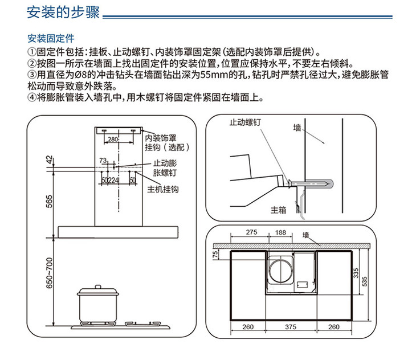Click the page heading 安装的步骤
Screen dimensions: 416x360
click(63, 13)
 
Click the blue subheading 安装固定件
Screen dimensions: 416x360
click(51, 38)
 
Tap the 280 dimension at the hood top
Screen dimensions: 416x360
click(113, 139)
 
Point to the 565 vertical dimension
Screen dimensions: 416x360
click(50, 202)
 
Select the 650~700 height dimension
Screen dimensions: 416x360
click(50, 273)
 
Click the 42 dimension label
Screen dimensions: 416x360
click(50, 159)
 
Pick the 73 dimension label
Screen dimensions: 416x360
click(103, 161)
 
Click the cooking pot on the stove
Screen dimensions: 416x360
click(98, 305)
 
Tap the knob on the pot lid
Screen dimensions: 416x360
click(98, 287)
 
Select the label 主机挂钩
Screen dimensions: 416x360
click(163, 189)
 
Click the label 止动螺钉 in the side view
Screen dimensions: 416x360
click(245, 122)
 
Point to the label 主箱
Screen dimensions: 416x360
click(278, 210)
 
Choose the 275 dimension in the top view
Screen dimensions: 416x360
click(251, 232)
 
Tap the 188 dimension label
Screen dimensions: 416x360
click(280, 232)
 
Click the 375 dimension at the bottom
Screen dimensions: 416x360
click(291, 327)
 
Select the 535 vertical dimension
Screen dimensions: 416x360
click(365, 281)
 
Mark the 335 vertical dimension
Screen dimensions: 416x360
click(356, 273)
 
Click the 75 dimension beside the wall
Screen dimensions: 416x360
click(215, 255)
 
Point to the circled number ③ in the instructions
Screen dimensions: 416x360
click(31, 75)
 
